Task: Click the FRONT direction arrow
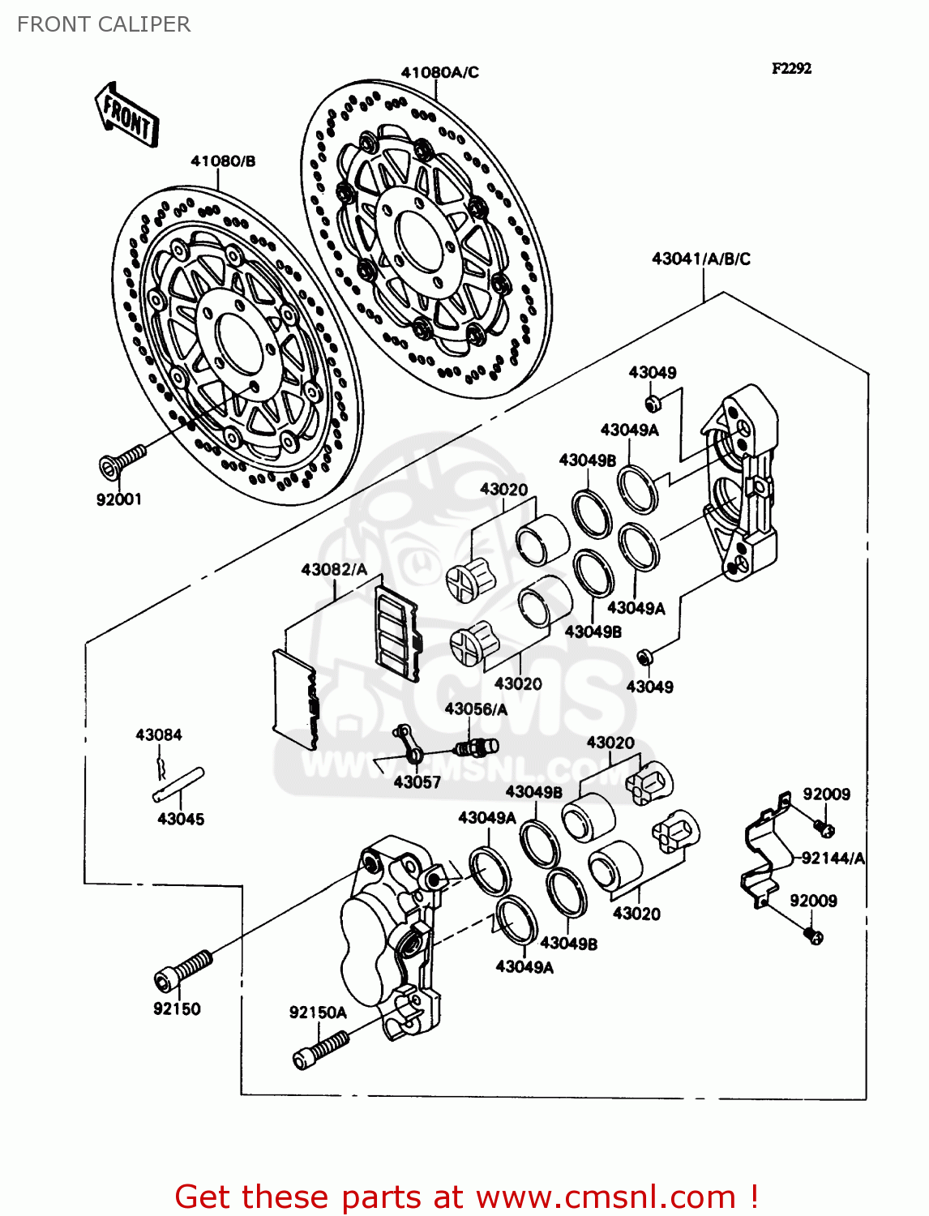pos(126,114)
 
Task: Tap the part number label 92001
pos(119,499)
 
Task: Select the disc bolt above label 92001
pos(122,460)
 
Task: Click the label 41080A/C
pos(439,72)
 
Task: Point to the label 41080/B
pos(223,161)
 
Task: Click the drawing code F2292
pos(791,69)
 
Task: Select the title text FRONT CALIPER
pos(104,24)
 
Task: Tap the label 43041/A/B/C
pos(701,259)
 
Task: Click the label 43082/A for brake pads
pos(334,569)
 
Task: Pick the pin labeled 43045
pos(179,784)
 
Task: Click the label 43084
pos(159,734)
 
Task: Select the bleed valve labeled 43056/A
pos(478,745)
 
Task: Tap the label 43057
pos(417,782)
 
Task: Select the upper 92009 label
pos(826,794)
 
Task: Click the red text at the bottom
pos(466,1197)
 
